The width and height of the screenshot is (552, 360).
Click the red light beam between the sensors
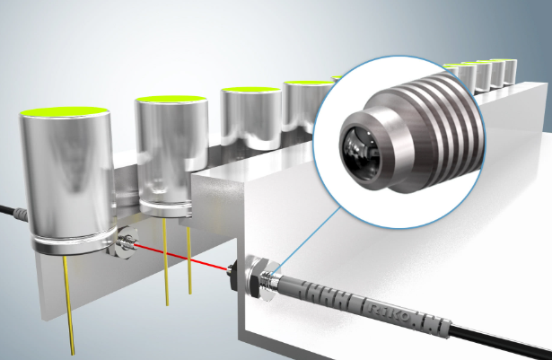click(x=181, y=258)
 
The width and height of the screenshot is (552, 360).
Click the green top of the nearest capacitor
click(x=64, y=111)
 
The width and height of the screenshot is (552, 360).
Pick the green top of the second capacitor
click(x=171, y=98)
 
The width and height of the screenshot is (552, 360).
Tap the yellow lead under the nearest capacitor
click(x=68, y=305)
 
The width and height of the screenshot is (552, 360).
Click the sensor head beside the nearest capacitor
click(x=126, y=243)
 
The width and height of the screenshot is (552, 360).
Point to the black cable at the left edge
click(x=13, y=213)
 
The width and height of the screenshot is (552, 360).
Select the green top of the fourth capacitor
click(x=309, y=83)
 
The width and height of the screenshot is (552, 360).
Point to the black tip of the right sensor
click(x=233, y=277)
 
